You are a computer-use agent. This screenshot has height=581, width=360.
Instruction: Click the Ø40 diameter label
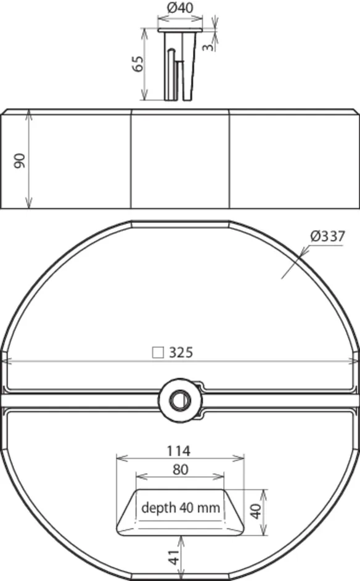tap(180, 7)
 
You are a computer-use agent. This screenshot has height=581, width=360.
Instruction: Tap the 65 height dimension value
tap(137, 64)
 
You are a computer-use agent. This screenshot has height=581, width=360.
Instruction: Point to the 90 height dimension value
tap(20, 160)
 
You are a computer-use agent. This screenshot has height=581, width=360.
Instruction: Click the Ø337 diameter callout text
tap(328, 236)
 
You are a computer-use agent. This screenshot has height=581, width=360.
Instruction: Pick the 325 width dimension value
tap(181, 352)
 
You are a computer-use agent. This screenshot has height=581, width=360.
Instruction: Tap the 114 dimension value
tap(179, 451)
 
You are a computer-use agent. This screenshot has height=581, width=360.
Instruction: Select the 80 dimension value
tap(181, 469)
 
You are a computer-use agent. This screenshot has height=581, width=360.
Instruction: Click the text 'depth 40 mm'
tap(181, 508)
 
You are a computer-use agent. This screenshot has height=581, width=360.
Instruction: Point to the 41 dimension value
tap(174, 556)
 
